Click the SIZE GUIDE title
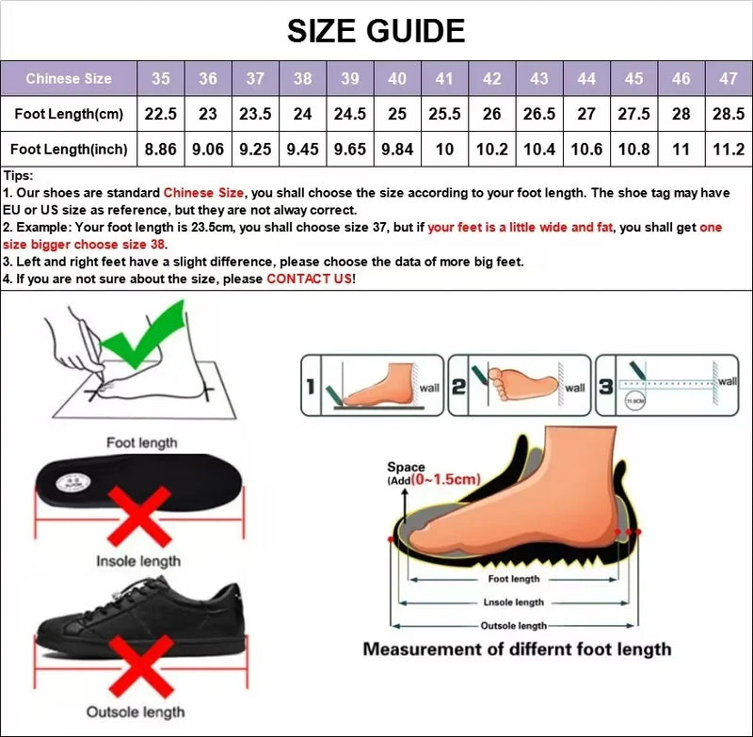[x=376, y=30]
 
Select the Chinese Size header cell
[x=69, y=79]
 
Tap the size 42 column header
[x=491, y=79]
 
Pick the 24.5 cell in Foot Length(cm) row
[x=350, y=114]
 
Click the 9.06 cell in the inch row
[x=208, y=149]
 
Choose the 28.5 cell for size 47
[x=729, y=114]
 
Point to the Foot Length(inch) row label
[x=69, y=149]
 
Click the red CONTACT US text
[x=309, y=280]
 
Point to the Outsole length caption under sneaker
[x=136, y=713]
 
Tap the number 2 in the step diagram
[x=458, y=386]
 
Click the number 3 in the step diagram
[x=606, y=386]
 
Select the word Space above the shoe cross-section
[x=406, y=467]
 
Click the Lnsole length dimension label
[x=513, y=602]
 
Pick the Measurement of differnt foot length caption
[x=517, y=649]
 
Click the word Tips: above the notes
[x=19, y=176]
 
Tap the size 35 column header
[x=161, y=79]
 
